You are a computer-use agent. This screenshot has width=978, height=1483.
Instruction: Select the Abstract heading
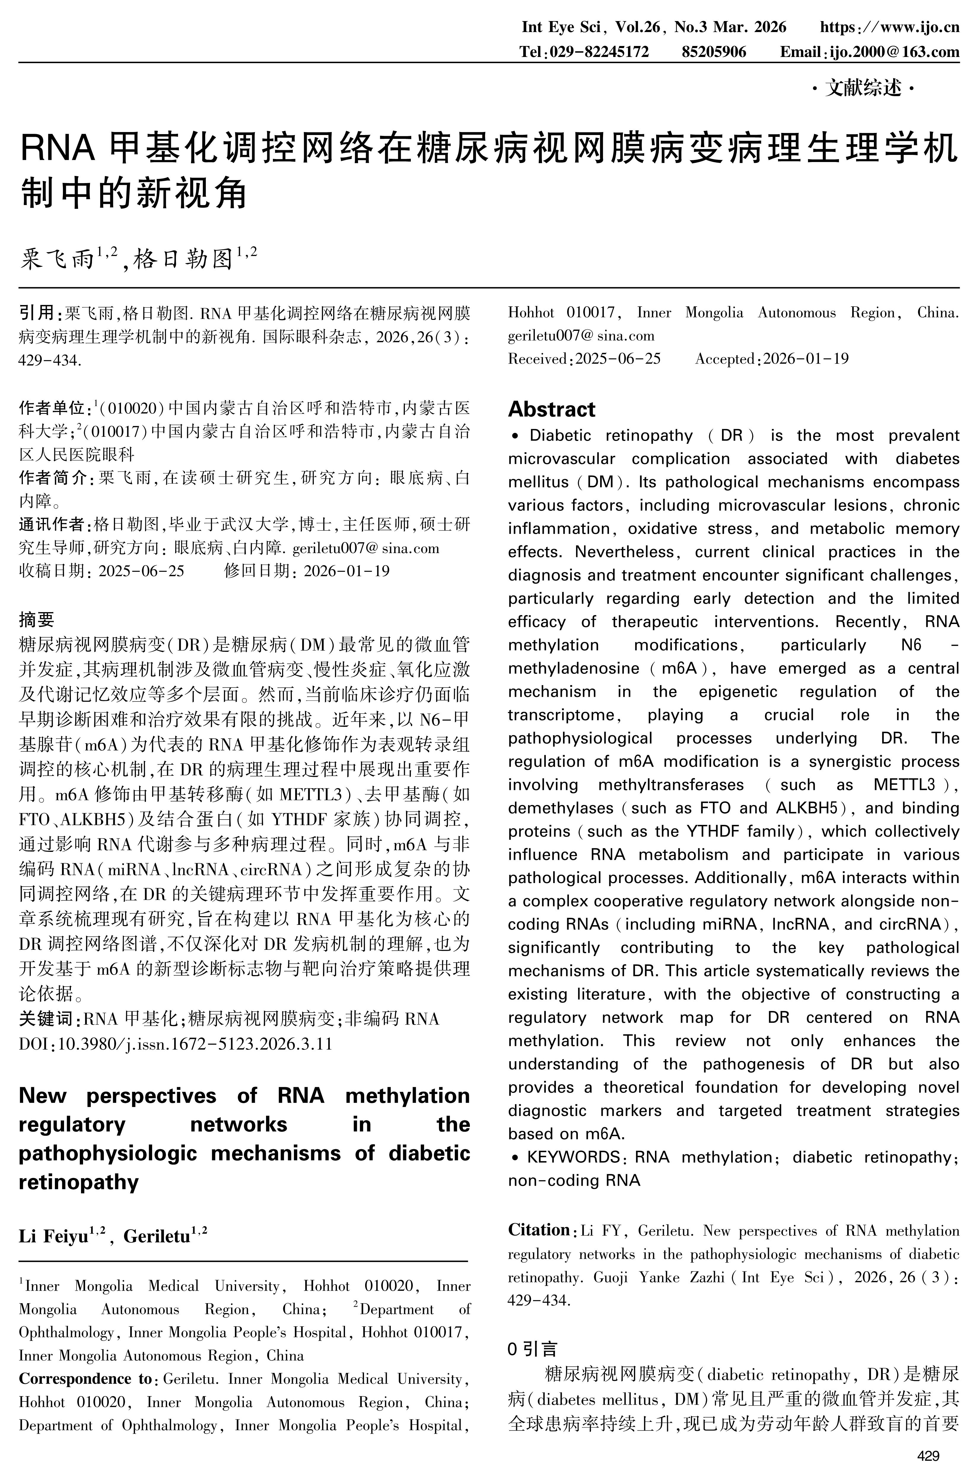(551, 409)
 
